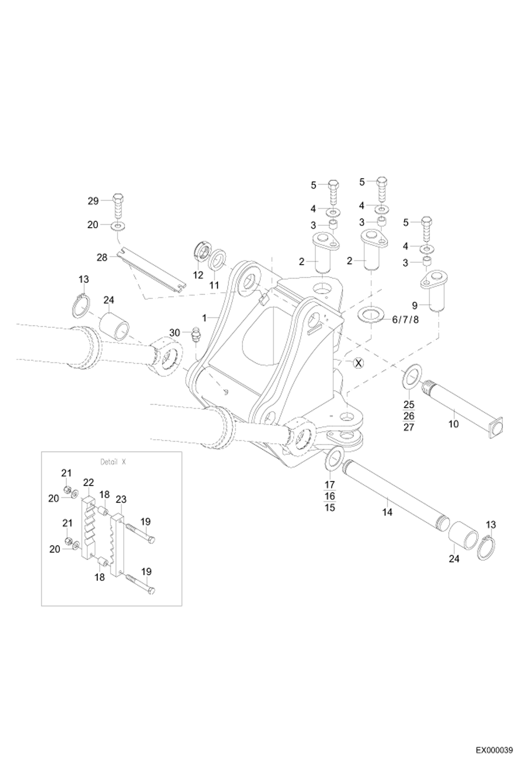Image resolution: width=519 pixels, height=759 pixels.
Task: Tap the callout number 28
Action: (102, 257)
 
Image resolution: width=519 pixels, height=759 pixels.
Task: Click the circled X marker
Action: (359, 363)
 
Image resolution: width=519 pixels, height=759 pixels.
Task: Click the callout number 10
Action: (454, 424)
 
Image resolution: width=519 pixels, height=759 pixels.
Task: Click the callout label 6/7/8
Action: (405, 320)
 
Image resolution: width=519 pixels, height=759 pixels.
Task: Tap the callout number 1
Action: (204, 318)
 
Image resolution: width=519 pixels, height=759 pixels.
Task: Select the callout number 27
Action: (408, 427)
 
